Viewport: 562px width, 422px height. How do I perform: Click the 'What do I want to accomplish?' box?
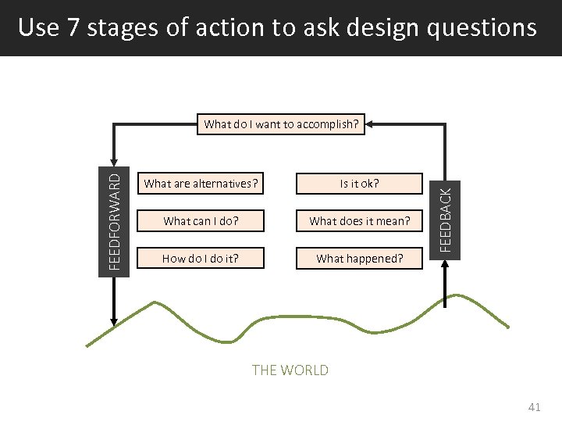click(x=281, y=123)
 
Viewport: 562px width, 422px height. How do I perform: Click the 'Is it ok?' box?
click(x=359, y=184)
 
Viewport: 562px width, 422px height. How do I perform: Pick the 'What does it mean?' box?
click(x=359, y=221)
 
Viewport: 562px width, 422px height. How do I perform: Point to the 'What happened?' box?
click(x=359, y=259)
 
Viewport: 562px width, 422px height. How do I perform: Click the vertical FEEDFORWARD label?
click(x=114, y=221)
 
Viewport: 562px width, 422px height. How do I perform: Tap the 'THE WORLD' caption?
click(x=290, y=370)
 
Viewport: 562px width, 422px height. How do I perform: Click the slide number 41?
click(x=534, y=407)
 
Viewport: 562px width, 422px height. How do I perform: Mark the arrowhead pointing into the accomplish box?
click(x=370, y=123)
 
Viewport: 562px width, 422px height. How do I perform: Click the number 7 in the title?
click(x=73, y=28)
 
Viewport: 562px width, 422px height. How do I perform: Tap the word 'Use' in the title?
click(x=37, y=28)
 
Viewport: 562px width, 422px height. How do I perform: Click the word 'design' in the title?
click(x=383, y=28)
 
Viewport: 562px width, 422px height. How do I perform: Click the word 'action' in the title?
click(x=229, y=28)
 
